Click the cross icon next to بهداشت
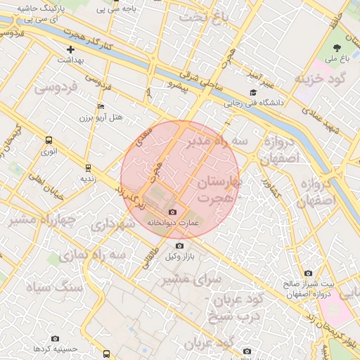point(70,49)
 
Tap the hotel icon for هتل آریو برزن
point(101,106)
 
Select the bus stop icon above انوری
point(49,140)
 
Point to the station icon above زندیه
point(88,167)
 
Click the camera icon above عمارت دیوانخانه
point(173,212)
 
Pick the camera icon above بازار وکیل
point(180,245)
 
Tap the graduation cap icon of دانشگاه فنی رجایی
point(253,93)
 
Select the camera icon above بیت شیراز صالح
point(308,273)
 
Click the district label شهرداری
point(112,225)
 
